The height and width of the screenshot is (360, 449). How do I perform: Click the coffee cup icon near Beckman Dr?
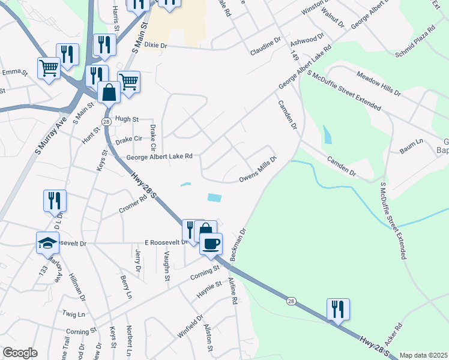point(211,244)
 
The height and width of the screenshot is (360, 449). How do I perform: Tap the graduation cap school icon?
point(48,242)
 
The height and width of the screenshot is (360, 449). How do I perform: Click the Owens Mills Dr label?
point(258,169)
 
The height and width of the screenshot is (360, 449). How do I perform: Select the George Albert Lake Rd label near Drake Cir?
point(159,157)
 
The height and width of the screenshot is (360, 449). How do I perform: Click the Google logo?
point(20,353)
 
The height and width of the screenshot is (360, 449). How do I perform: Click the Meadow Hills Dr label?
point(378,83)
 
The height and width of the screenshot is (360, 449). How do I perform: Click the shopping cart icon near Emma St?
point(48,67)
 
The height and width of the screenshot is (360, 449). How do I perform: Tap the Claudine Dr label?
point(266,46)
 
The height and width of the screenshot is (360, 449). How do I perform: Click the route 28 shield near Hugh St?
point(106,122)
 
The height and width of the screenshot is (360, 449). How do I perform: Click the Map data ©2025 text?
point(423,355)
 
